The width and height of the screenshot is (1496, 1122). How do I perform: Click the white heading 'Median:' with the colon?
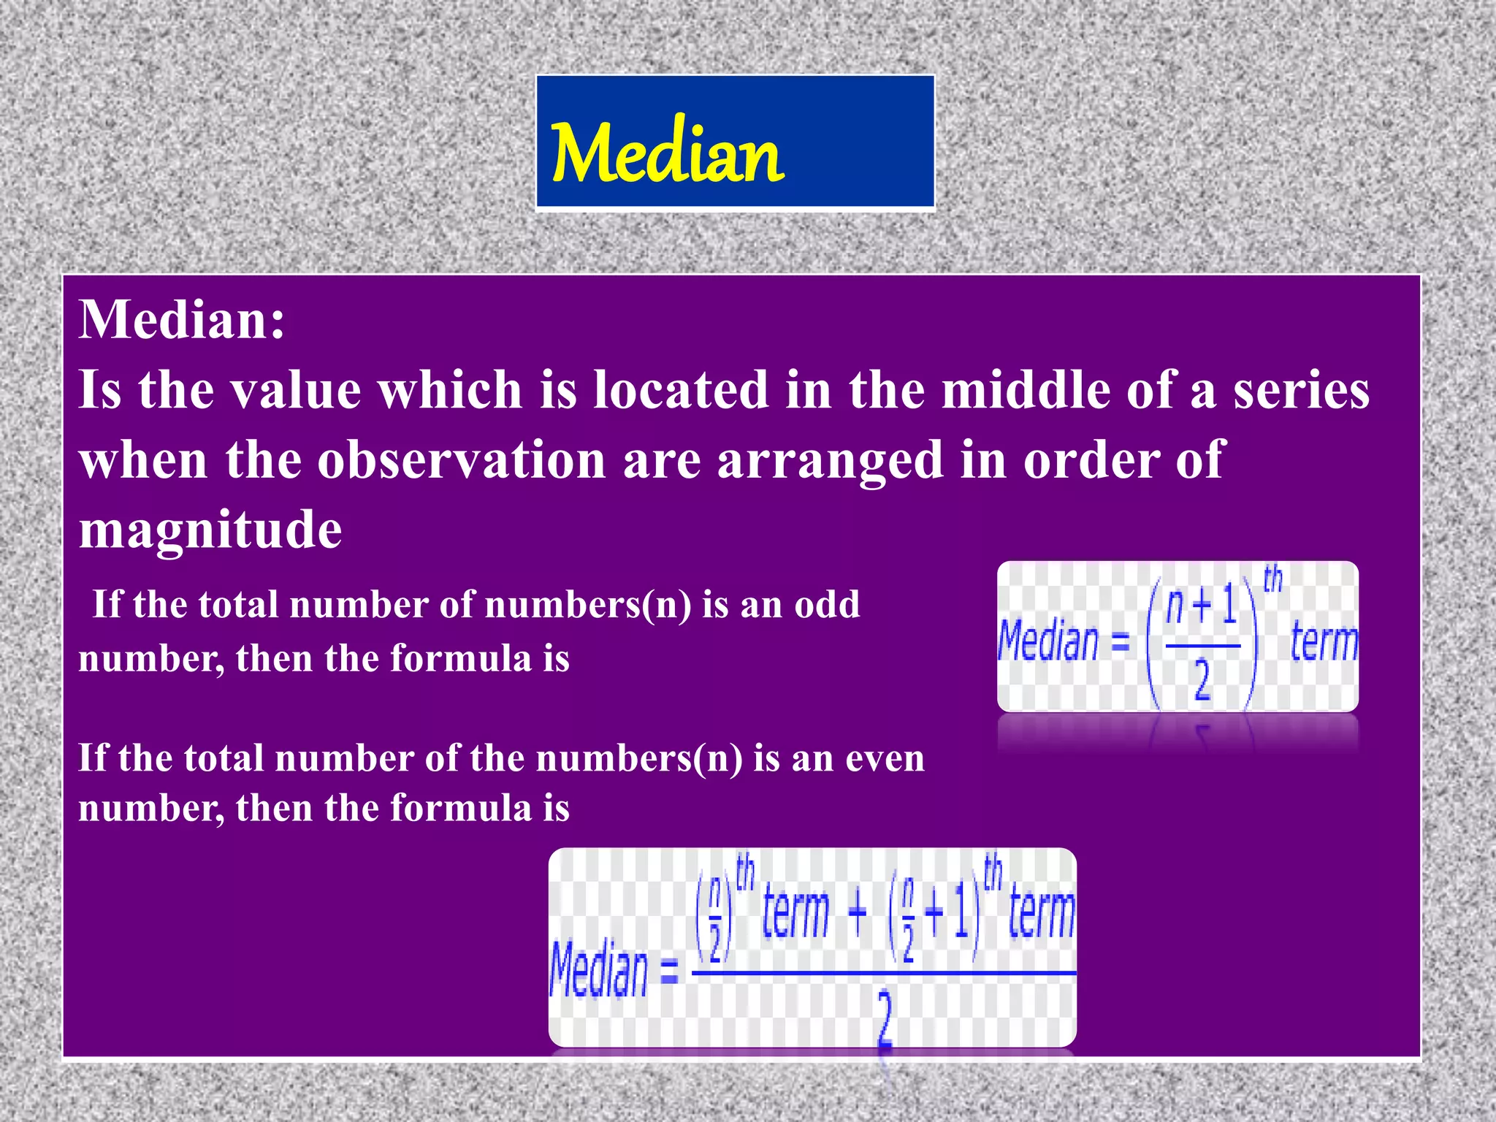(x=182, y=320)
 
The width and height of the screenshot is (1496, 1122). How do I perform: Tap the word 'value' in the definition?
(x=296, y=389)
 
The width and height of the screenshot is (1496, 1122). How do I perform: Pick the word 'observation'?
(x=461, y=460)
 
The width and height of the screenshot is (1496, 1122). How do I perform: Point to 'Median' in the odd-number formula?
(x=1047, y=641)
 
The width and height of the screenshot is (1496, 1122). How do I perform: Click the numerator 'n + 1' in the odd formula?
(x=1201, y=606)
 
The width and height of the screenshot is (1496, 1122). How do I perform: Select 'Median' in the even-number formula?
(x=598, y=969)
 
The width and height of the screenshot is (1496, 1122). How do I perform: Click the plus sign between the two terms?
(x=858, y=912)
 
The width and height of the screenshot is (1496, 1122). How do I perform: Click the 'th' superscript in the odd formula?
(x=1272, y=579)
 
